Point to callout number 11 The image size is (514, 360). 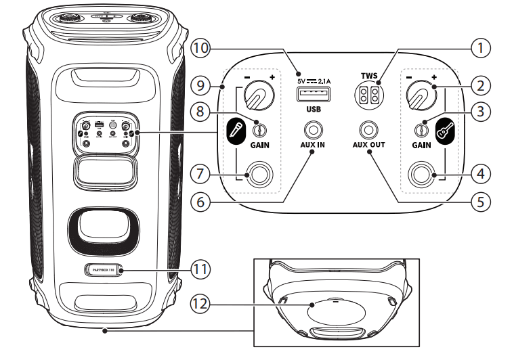coord(200,268)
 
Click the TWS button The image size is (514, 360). coord(368,95)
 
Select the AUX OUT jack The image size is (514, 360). coord(368,128)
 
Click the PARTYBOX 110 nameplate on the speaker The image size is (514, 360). coord(103,269)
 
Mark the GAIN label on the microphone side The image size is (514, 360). coord(258,145)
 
